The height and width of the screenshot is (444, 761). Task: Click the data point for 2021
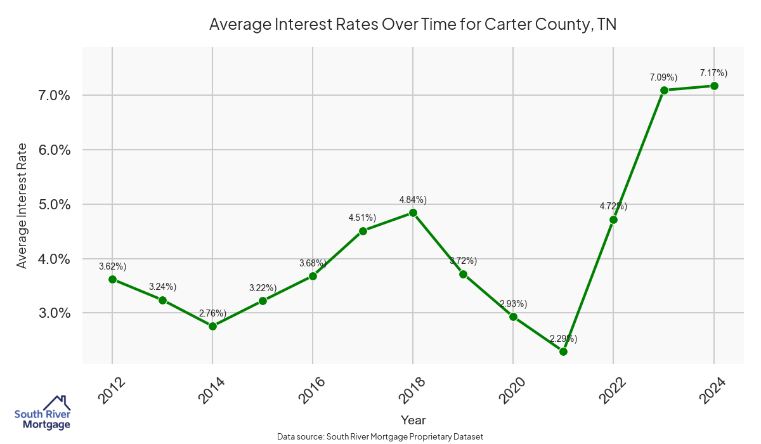563,351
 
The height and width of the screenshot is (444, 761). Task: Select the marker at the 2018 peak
413,213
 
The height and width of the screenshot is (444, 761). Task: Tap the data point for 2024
714,86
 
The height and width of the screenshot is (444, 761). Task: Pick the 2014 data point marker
212,326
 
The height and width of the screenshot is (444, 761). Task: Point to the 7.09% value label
663,77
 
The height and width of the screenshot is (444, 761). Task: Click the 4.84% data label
413,200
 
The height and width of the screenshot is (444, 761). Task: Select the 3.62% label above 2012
112,266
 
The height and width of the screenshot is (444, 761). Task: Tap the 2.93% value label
513,304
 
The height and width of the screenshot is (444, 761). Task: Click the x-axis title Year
413,420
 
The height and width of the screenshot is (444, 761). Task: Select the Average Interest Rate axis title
22,205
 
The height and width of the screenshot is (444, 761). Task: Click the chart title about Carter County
413,25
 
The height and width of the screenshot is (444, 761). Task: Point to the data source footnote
380,436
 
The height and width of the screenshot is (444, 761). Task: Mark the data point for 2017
363,231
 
